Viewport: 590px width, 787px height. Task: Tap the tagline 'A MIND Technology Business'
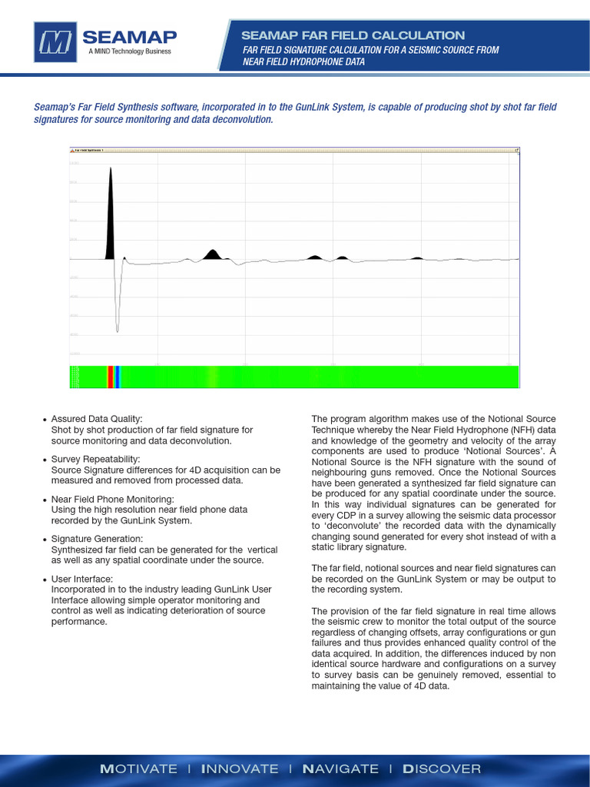(x=129, y=52)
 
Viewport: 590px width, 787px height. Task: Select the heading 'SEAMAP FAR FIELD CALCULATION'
(x=353, y=35)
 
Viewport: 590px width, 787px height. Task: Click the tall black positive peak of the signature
(x=110, y=215)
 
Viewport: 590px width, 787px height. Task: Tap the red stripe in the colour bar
(x=110, y=377)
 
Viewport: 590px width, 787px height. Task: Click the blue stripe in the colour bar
(x=118, y=377)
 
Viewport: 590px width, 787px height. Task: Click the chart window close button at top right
(x=517, y=151)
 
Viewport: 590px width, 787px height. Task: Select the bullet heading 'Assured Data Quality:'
(x=97, y=419)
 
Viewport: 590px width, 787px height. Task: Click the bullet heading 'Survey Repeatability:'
(x=95, y=459)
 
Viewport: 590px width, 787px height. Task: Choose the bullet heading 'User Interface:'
(x=81, y=579)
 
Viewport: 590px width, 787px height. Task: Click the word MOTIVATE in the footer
(x=139, y=769)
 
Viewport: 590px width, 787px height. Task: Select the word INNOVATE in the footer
(x=239, y=769)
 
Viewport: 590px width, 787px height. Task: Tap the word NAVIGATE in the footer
(x=340, y=769)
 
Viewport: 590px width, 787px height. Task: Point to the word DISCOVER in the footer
(x=442, y=769)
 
